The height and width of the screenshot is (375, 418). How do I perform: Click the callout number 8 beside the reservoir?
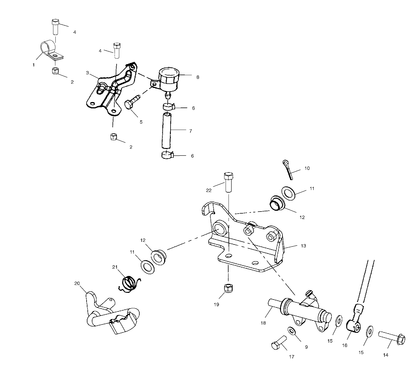pyautogui.click(x=198, y=77)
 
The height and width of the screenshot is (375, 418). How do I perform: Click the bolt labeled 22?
pyautogui.click(x=228, y=182)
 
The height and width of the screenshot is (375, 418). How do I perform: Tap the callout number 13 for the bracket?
pyautogui.click(x=303, y=246)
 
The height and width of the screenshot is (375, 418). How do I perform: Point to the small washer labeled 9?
pyautogui.click(x=291, y=330)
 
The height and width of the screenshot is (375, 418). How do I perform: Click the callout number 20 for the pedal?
pyautogui.click(x=77, y=283)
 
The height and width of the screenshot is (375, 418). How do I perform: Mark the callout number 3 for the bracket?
pyautogui.click(x=87, y=73)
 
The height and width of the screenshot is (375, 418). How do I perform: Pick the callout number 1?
pyautogui.click(x=34, y=65)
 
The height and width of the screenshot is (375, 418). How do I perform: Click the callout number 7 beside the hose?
pyautogui.click(x=190, y=131)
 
